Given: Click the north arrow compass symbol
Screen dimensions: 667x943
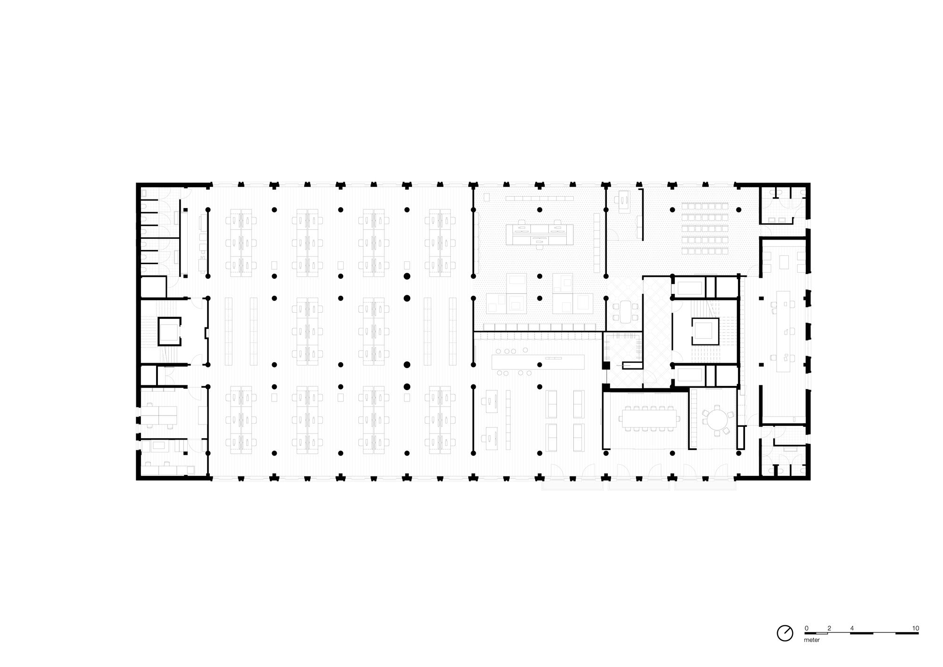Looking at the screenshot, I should pos(785,633).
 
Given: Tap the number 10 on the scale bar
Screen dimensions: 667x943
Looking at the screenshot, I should pos(915,628).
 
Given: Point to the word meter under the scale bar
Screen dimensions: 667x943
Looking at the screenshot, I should pos(812,640).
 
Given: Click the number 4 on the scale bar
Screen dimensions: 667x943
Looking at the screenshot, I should pos(852,628).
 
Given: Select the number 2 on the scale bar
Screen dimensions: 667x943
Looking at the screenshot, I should pos(829,628).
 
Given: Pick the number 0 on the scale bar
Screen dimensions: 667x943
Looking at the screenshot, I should pos(806,628).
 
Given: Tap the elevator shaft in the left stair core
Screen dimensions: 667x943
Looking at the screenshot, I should pos(169,331).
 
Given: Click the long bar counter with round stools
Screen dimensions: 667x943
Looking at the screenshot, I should pos(538,362).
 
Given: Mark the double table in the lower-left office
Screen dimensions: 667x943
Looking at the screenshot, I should pos(159,415).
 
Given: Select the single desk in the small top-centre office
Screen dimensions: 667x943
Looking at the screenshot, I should pos(624,199).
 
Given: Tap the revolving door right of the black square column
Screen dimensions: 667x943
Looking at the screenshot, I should pos(630,365).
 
